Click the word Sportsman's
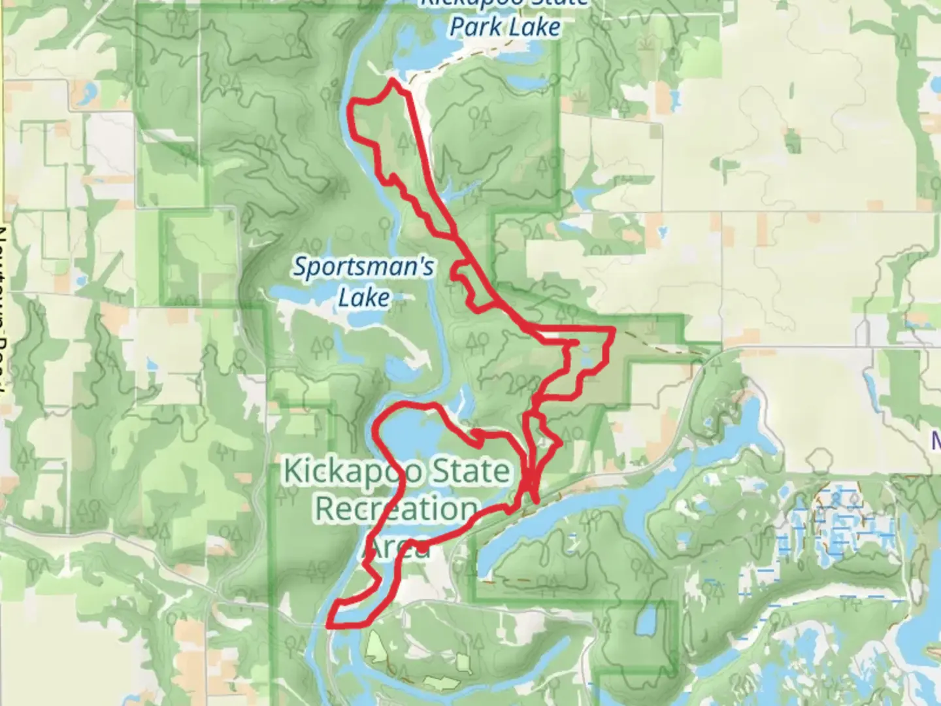(x=363, y=267)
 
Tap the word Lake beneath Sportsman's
(x=364, y=298)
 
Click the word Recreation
(x=396, y=509)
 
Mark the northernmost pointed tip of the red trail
(x=392, y=80)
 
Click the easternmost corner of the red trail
(x=613, y=329)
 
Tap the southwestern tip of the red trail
(x=328, y=625)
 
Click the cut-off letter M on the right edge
(x=936, y=442)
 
